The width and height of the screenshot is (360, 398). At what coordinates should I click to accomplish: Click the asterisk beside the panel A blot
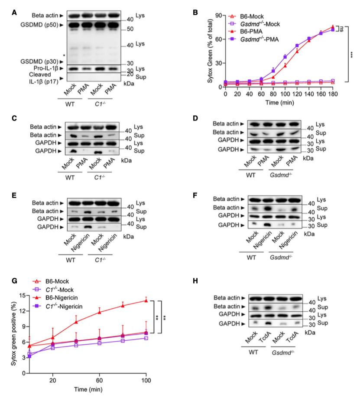64,56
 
